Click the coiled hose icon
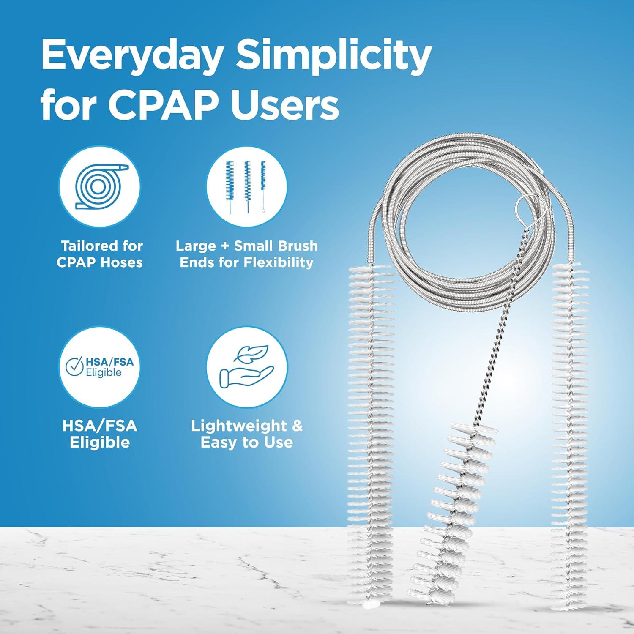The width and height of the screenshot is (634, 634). tap(99, 186)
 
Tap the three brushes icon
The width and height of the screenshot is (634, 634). tap(247, 186)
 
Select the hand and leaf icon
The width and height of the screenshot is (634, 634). tap(247, 367)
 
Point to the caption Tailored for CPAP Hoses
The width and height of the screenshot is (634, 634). tap(100, 254)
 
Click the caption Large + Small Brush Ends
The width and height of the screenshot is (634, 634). tap(247, 254)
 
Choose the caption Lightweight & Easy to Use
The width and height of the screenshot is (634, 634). tap(247, 434)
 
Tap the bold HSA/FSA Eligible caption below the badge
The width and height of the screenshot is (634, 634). tap(100, 434)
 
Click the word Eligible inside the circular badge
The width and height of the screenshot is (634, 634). tap(104, 372)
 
